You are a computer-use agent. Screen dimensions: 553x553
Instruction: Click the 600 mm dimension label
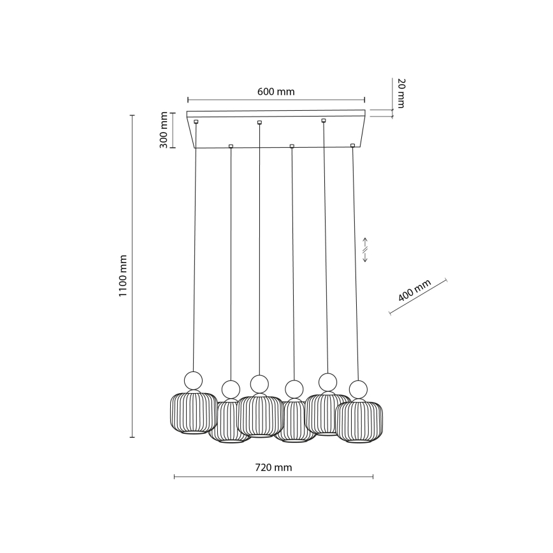[276, 92]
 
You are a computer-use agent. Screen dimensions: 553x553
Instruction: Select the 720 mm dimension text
[273, 468]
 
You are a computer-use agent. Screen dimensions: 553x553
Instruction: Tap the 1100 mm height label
[123, 276]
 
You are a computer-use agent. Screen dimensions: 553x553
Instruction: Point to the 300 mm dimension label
[164, 130]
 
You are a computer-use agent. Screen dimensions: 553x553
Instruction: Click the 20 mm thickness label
[400, 93]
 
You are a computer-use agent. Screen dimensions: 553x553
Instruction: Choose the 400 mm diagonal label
[415, 290]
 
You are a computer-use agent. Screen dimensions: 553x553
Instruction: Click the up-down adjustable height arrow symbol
[365, 250]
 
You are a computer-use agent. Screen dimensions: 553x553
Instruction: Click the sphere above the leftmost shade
[193, 380]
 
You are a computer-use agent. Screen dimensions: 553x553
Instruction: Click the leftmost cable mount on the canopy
[196, 121]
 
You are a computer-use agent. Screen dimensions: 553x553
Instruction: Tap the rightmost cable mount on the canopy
[352, 145]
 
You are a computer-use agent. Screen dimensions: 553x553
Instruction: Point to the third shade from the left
[259, 415]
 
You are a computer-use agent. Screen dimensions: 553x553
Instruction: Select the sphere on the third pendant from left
[259, 384]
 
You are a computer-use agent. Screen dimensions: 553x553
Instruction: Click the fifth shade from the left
[327, 414]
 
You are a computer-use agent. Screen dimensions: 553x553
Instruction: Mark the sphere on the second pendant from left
[230, 389]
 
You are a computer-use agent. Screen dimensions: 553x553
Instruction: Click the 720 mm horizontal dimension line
[273, 477]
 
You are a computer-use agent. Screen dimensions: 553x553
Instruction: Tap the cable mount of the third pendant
[259, 122]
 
